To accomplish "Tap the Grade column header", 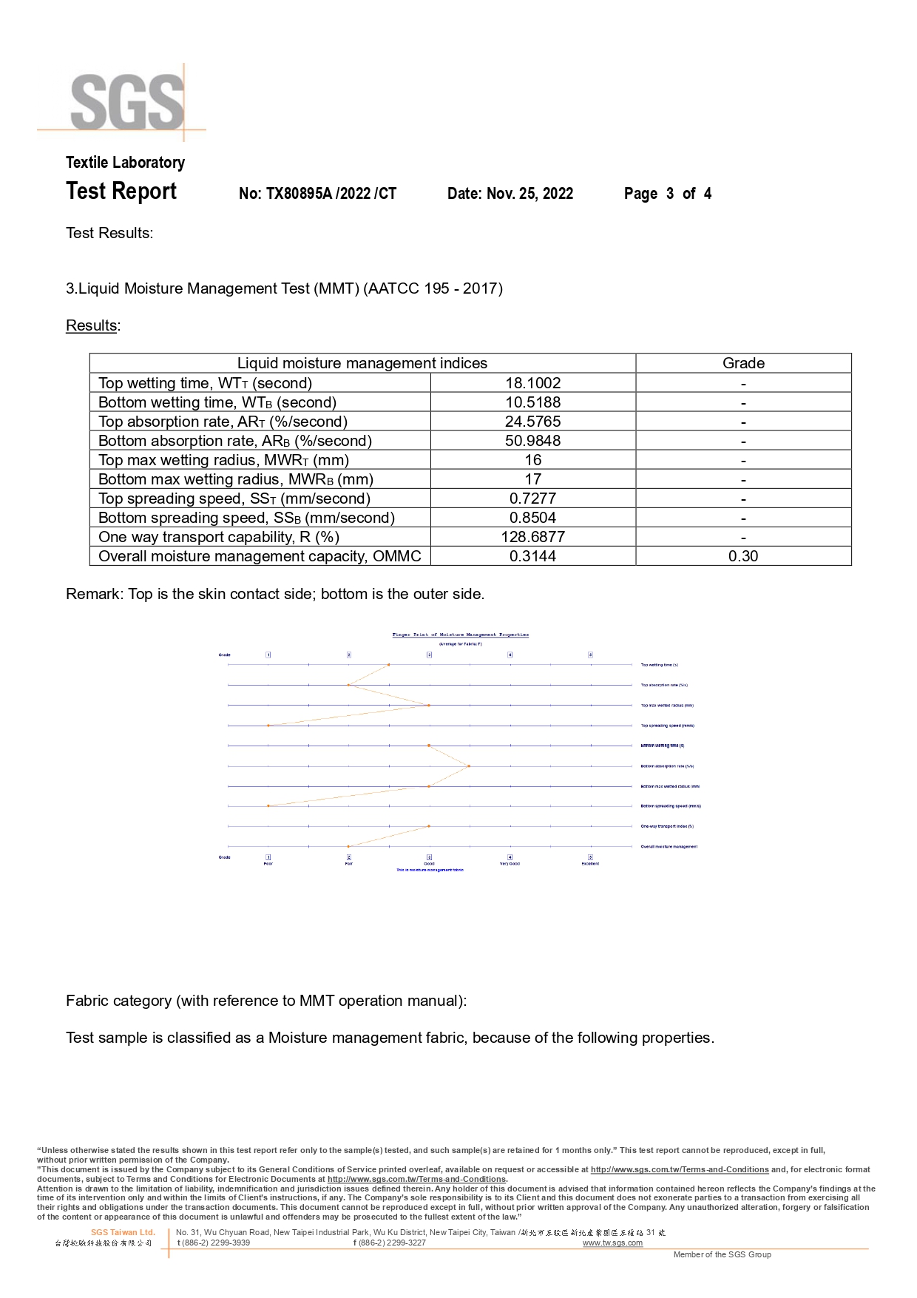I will [743, 363].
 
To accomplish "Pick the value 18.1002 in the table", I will [532, 383].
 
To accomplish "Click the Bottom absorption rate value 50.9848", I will [532, 441].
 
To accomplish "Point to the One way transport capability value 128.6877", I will [532, 537].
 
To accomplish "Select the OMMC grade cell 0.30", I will [743, 556].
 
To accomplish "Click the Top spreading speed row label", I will [234, 498].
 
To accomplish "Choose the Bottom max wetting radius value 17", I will [532, 479].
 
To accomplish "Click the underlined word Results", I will [92, 325].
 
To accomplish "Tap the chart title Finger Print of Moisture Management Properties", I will [460, 635].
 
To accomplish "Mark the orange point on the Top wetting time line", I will [389, 665].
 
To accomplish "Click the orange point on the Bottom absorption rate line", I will [469, 766].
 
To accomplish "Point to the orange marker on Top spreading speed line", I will [269, 726].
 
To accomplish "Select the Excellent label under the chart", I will [590, 864].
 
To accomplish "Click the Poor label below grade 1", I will [268, 864].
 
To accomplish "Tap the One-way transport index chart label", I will [667, 826].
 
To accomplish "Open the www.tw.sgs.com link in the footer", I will [612, 1243].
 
